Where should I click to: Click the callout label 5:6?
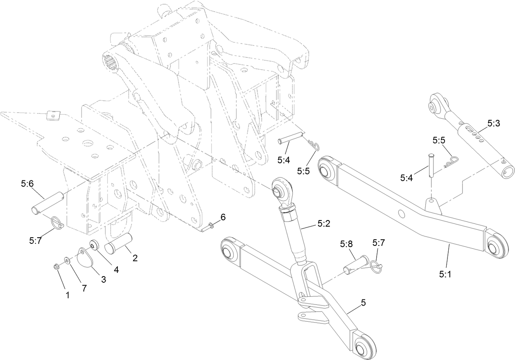tap(27, 184)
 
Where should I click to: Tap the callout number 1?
tap(68, 295)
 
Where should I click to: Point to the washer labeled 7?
tap(67, 260)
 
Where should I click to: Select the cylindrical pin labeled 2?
tap(118, 244)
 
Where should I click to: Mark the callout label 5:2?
tap(323, 224)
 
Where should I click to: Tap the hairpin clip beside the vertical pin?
tap(452, 162)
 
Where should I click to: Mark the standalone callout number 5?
tap(363, 302)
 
